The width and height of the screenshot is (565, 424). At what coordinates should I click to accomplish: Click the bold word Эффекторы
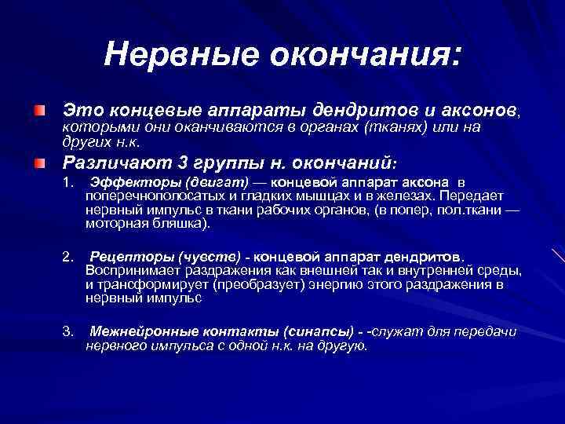pos(126,183)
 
